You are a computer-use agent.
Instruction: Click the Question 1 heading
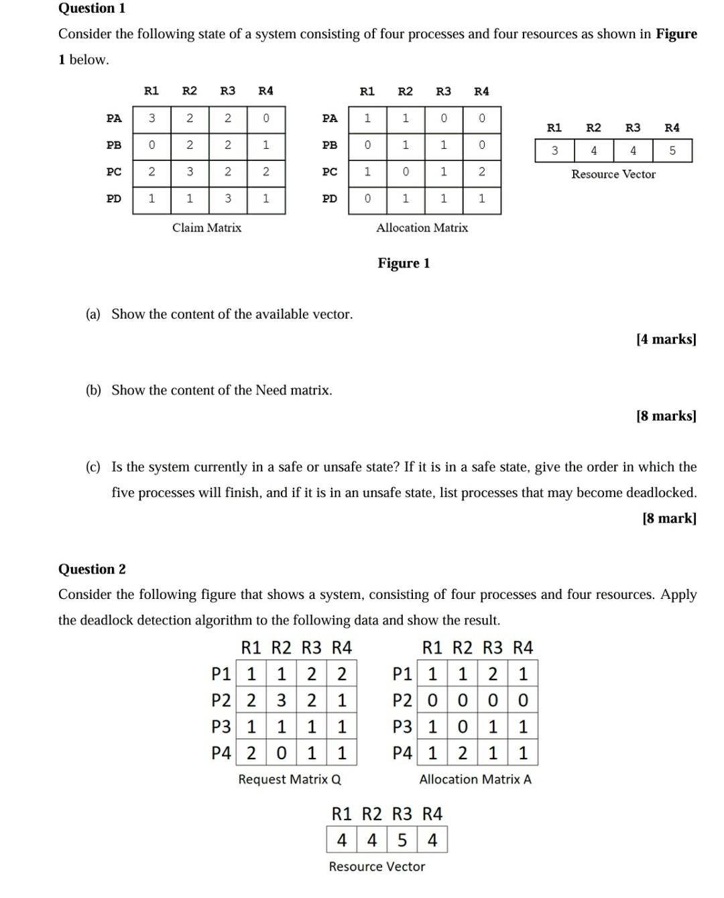coord(92,8)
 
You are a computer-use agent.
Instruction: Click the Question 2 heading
coord(92,569)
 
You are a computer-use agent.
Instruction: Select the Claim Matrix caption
coord(206,227)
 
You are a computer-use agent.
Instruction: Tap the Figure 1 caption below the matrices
coord(404,263)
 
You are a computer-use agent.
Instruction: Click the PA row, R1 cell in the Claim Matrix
coord(152,118)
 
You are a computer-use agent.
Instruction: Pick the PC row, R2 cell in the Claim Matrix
coord(190,172)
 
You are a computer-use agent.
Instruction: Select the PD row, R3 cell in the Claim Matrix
coord(228,199)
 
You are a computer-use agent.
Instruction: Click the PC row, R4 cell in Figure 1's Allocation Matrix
coord(481,172)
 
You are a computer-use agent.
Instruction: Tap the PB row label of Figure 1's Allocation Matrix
coord(330,145)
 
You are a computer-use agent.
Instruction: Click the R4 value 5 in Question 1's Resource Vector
coord(672,151)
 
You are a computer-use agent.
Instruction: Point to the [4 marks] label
coord(666,339)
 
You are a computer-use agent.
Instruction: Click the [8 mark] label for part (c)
coord(669,518)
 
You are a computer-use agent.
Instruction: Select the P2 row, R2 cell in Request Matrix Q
coord(282,701)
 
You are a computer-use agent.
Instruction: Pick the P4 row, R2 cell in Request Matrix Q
coord(282,753)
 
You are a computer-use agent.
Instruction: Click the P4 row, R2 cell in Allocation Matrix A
coord(463,753)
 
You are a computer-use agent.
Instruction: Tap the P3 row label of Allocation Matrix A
coord(402,727)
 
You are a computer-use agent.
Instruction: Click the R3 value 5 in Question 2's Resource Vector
coord(402,840)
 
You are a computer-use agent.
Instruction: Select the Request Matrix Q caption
coord(290,779)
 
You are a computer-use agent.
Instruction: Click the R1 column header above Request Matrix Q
coord(251,647)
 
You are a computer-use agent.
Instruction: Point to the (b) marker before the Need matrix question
coord(93,390)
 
